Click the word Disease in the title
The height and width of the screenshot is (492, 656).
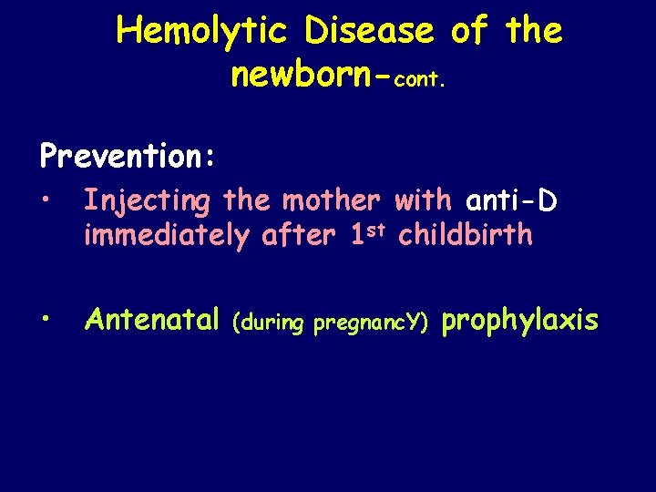pyautogui.click(x=369, y=31)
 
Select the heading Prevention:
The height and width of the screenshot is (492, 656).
pyautogui.click(x=128, y=156)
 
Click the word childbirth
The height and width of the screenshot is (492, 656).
pyautogui.click(x=466, y=234)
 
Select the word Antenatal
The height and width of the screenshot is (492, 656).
pyautogui.click(x=152, y=320)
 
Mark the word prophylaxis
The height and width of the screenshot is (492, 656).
pyautogui.click(x=520, y=321)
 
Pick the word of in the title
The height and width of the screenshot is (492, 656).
pyautogui.click(x=469, y=31)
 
